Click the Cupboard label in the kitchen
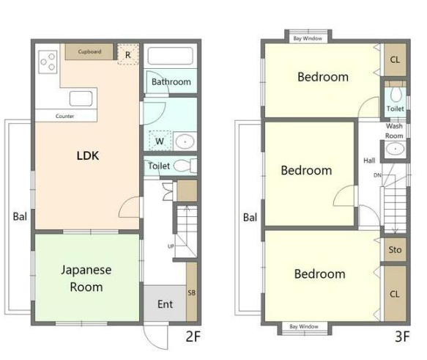click(x=89, y=51)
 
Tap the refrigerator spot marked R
click(x=128, y=54)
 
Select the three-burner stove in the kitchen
click(x=48, y=62)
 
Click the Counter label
click(x=64, y=116)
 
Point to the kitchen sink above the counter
click(x=81, y=98)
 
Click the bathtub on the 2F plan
click(x=170, y=56)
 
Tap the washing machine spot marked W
click(x=160, y=141)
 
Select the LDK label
click(x=88, y=155)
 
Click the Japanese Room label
click(x=86, y=278)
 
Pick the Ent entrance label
click(x=165, y=304)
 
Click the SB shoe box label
click(x=191, y=293)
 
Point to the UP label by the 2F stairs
click(x=171, y=246)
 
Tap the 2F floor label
click(x=193, y=337)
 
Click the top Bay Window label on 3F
click(x=308, y=38)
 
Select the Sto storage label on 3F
click(x=395, y=249)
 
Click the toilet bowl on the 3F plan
click(x=396, y=95)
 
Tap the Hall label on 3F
click(x=369, y=161)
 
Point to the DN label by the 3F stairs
click(x=377, y=175)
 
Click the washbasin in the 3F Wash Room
click(x=395, y=149)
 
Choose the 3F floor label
click(x=403, y=337)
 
